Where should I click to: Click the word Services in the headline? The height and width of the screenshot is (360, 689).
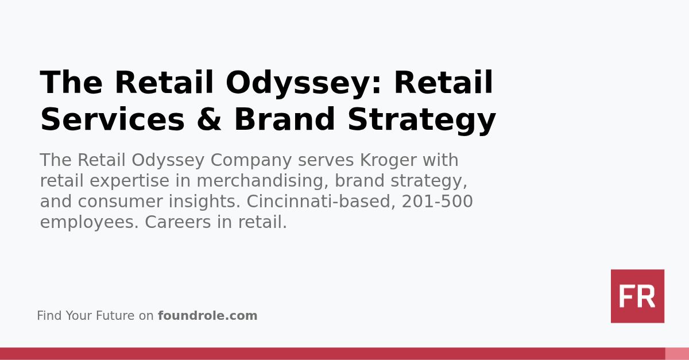[113, 120]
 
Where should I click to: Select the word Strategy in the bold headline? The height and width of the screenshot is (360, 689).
[421, 120]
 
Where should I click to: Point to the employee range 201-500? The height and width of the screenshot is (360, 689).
[437, 202]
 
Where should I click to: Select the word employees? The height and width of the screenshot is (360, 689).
[89, 222]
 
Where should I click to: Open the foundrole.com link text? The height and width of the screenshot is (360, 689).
[207, 316]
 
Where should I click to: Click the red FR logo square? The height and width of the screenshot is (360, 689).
[637, 296]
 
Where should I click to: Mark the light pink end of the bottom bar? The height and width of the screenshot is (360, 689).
[677, 353]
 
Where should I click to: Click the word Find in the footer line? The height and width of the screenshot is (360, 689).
[49, 316]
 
